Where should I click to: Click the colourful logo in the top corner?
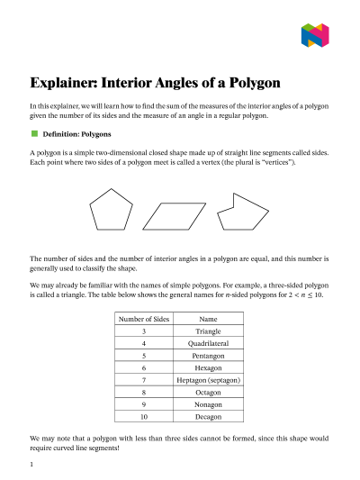pos(316,34)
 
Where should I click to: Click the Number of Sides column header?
pos(145,319)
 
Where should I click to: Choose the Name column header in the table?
pos(209,319)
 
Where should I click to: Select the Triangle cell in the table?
pos(209,331)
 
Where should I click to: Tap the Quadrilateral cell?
pos(209,344)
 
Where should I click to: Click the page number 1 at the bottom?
pos(31,465)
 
